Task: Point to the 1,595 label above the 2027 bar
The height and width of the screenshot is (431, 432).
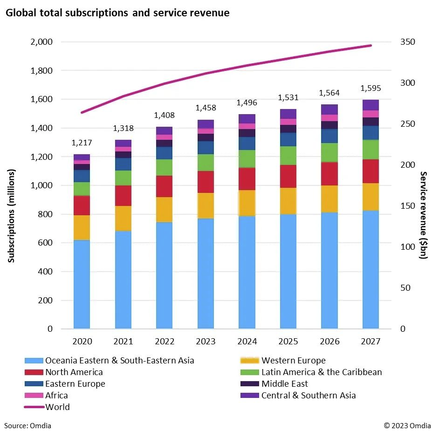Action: point(370,88)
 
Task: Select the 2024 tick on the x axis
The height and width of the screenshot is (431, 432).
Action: point(247,342)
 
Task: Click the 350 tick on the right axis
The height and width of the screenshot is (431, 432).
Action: point(407,42)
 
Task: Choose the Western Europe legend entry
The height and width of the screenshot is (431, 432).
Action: point(293,360)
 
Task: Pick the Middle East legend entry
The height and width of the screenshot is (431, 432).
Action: point(284,383)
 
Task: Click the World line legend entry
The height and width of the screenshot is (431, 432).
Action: point(57,407)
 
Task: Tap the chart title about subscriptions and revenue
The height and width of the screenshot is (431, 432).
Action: point(117,13)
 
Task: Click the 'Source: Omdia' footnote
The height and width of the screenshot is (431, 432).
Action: point(28,425)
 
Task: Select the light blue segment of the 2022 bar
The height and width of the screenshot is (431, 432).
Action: point(164,275)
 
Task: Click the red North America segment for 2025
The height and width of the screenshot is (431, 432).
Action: point(288,176)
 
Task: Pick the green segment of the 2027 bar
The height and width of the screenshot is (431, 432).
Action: point(370,150)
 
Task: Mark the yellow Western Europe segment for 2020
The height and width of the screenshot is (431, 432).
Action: point(82,227)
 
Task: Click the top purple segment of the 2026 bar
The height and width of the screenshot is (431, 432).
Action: point(329,109)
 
